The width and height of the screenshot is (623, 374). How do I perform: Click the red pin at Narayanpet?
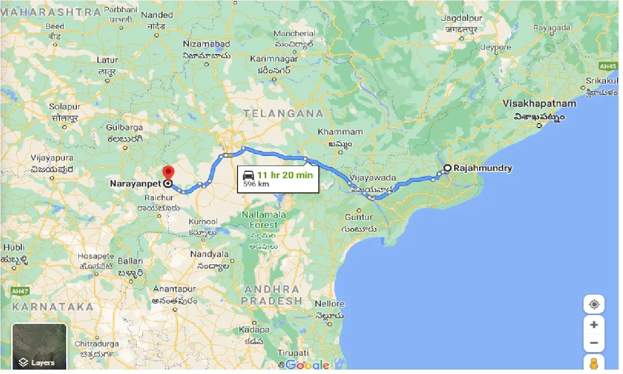(168, 173)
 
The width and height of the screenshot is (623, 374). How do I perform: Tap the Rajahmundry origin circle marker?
(447, 168)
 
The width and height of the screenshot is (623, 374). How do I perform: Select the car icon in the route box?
(248, 176)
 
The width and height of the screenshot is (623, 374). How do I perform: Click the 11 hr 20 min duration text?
(285, 175)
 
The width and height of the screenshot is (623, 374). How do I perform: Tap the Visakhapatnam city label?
(539, 104)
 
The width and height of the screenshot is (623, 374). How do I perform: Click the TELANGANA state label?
(283, 113)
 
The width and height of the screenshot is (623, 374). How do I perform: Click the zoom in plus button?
(594, 325)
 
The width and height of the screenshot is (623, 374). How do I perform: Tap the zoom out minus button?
(594, 343)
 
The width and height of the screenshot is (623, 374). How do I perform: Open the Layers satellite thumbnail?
(39, 347)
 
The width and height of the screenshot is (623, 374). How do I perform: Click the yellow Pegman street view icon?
(594, 364)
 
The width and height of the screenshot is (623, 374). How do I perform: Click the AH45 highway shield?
(608, 66)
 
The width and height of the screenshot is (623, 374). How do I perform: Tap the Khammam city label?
(333, 132)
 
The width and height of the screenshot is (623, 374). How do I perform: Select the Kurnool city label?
(203, 222)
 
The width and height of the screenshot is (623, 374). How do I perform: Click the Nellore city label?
(330, 304)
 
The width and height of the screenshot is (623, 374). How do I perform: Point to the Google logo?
(307, 365)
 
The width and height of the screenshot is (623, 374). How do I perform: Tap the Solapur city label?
(64, 106)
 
